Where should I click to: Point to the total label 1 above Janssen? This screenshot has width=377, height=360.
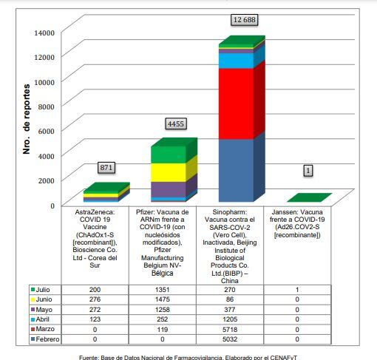(x=308, y=171)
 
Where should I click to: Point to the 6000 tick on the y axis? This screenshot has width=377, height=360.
(x=47, y=130)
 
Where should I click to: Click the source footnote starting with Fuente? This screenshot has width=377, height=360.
(x=188, y=356)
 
